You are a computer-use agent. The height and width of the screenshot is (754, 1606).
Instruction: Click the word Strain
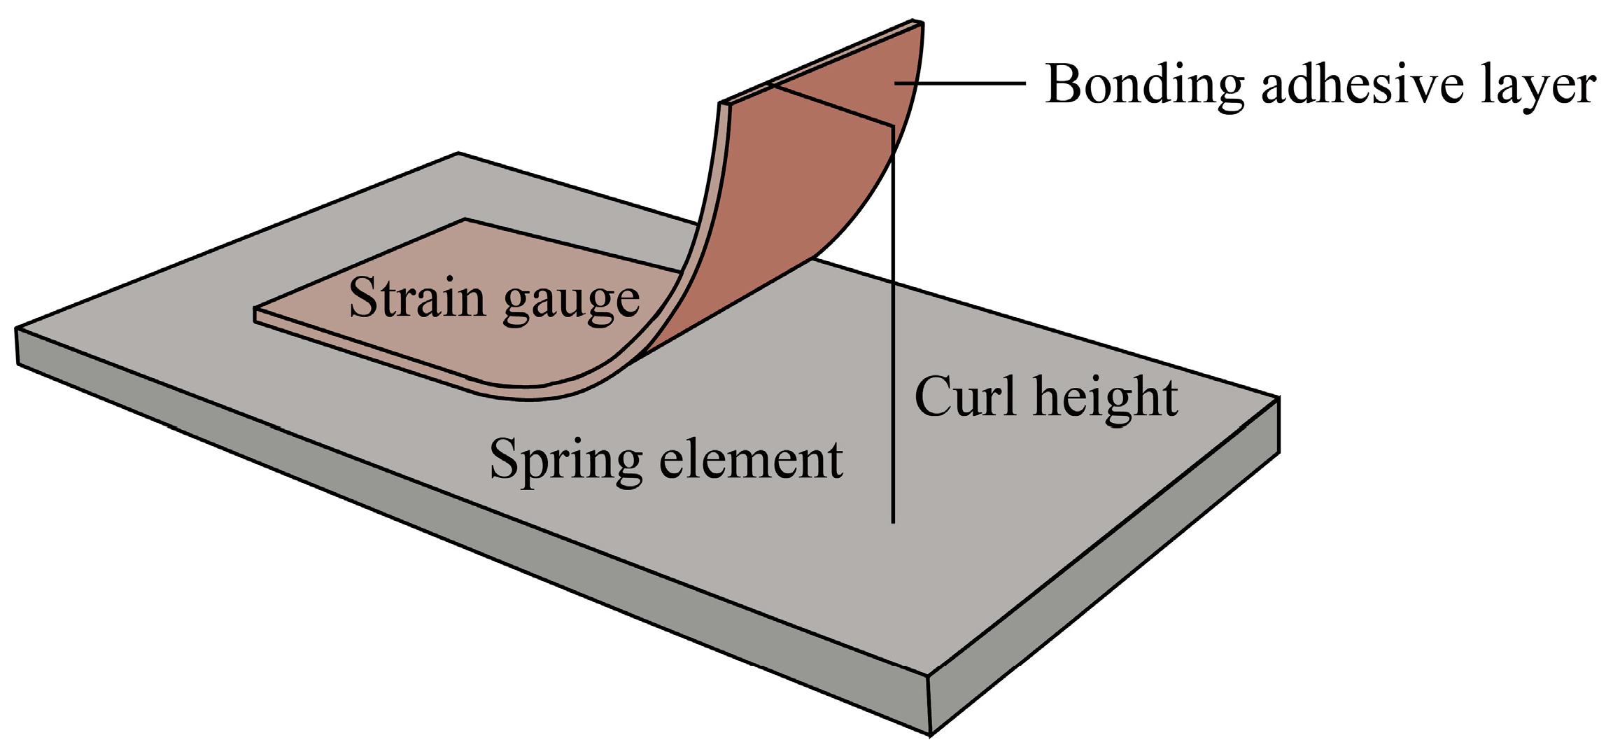(x=416, y=298)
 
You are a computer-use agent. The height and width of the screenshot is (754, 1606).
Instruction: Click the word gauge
(x=571, y=301)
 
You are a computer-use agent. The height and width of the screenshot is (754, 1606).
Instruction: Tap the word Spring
(x=565, y=461)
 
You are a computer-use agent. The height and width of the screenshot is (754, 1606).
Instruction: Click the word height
(x=1106, y=398)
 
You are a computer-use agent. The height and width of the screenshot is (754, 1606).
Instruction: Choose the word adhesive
(x=1362, y=85)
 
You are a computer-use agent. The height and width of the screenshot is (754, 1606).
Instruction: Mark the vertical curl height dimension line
(x=893, y=350)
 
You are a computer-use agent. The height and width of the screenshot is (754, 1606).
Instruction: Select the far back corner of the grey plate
(x=458, y=153)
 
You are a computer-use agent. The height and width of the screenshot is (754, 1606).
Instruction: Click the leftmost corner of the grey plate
(x=16, y=329)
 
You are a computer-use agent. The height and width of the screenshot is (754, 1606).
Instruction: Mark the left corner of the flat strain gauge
(x=255, y=309)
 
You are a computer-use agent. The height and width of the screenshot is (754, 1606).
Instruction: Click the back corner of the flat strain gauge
(x=465, y=220)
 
